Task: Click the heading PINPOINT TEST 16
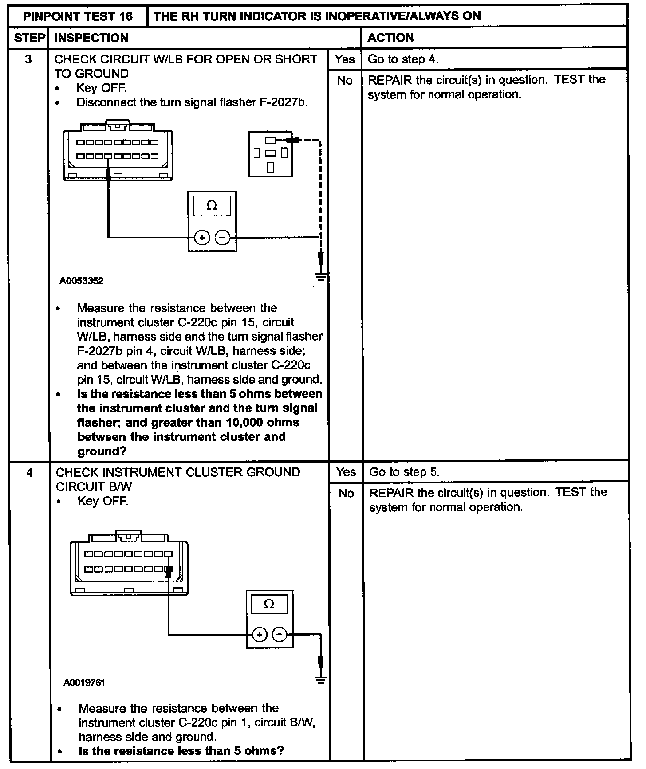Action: pyautogui.click(x=78, y=16)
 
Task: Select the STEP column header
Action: pyautogui.click(x=30, y=38)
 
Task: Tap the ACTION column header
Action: pyautogui.click(x=390, y=38)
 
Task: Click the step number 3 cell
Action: pyautogui.click(x=28, y=59)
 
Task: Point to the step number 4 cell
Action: pyautogui.click(x=29, y=472)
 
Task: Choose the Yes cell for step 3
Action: pyautogui.click(x=345, y=59)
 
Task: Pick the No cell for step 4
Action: pyautogui.click(x=346, y=493)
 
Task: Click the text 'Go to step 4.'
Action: pyautogui.click(x=403, y=59)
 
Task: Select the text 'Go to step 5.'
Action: pyautogui.click(x=404, y=472)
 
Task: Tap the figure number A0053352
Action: pyautogui.click(x=82, y=281)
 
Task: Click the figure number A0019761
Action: pyautogui.click(x=84, y=683)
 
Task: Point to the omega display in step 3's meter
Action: pyautogui.click(x=212, y=206)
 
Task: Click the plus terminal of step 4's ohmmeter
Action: pyautogui.click(x=259, y=635)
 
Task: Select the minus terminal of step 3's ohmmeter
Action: pyautogui.click(x=222, y=238)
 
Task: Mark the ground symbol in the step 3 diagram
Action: pyautogui.click(x=321, y=277)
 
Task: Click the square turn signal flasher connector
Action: pyautogui.click(x=270, y=154)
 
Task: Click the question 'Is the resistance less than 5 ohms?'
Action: pyautogui.click(x=181, y=751)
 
